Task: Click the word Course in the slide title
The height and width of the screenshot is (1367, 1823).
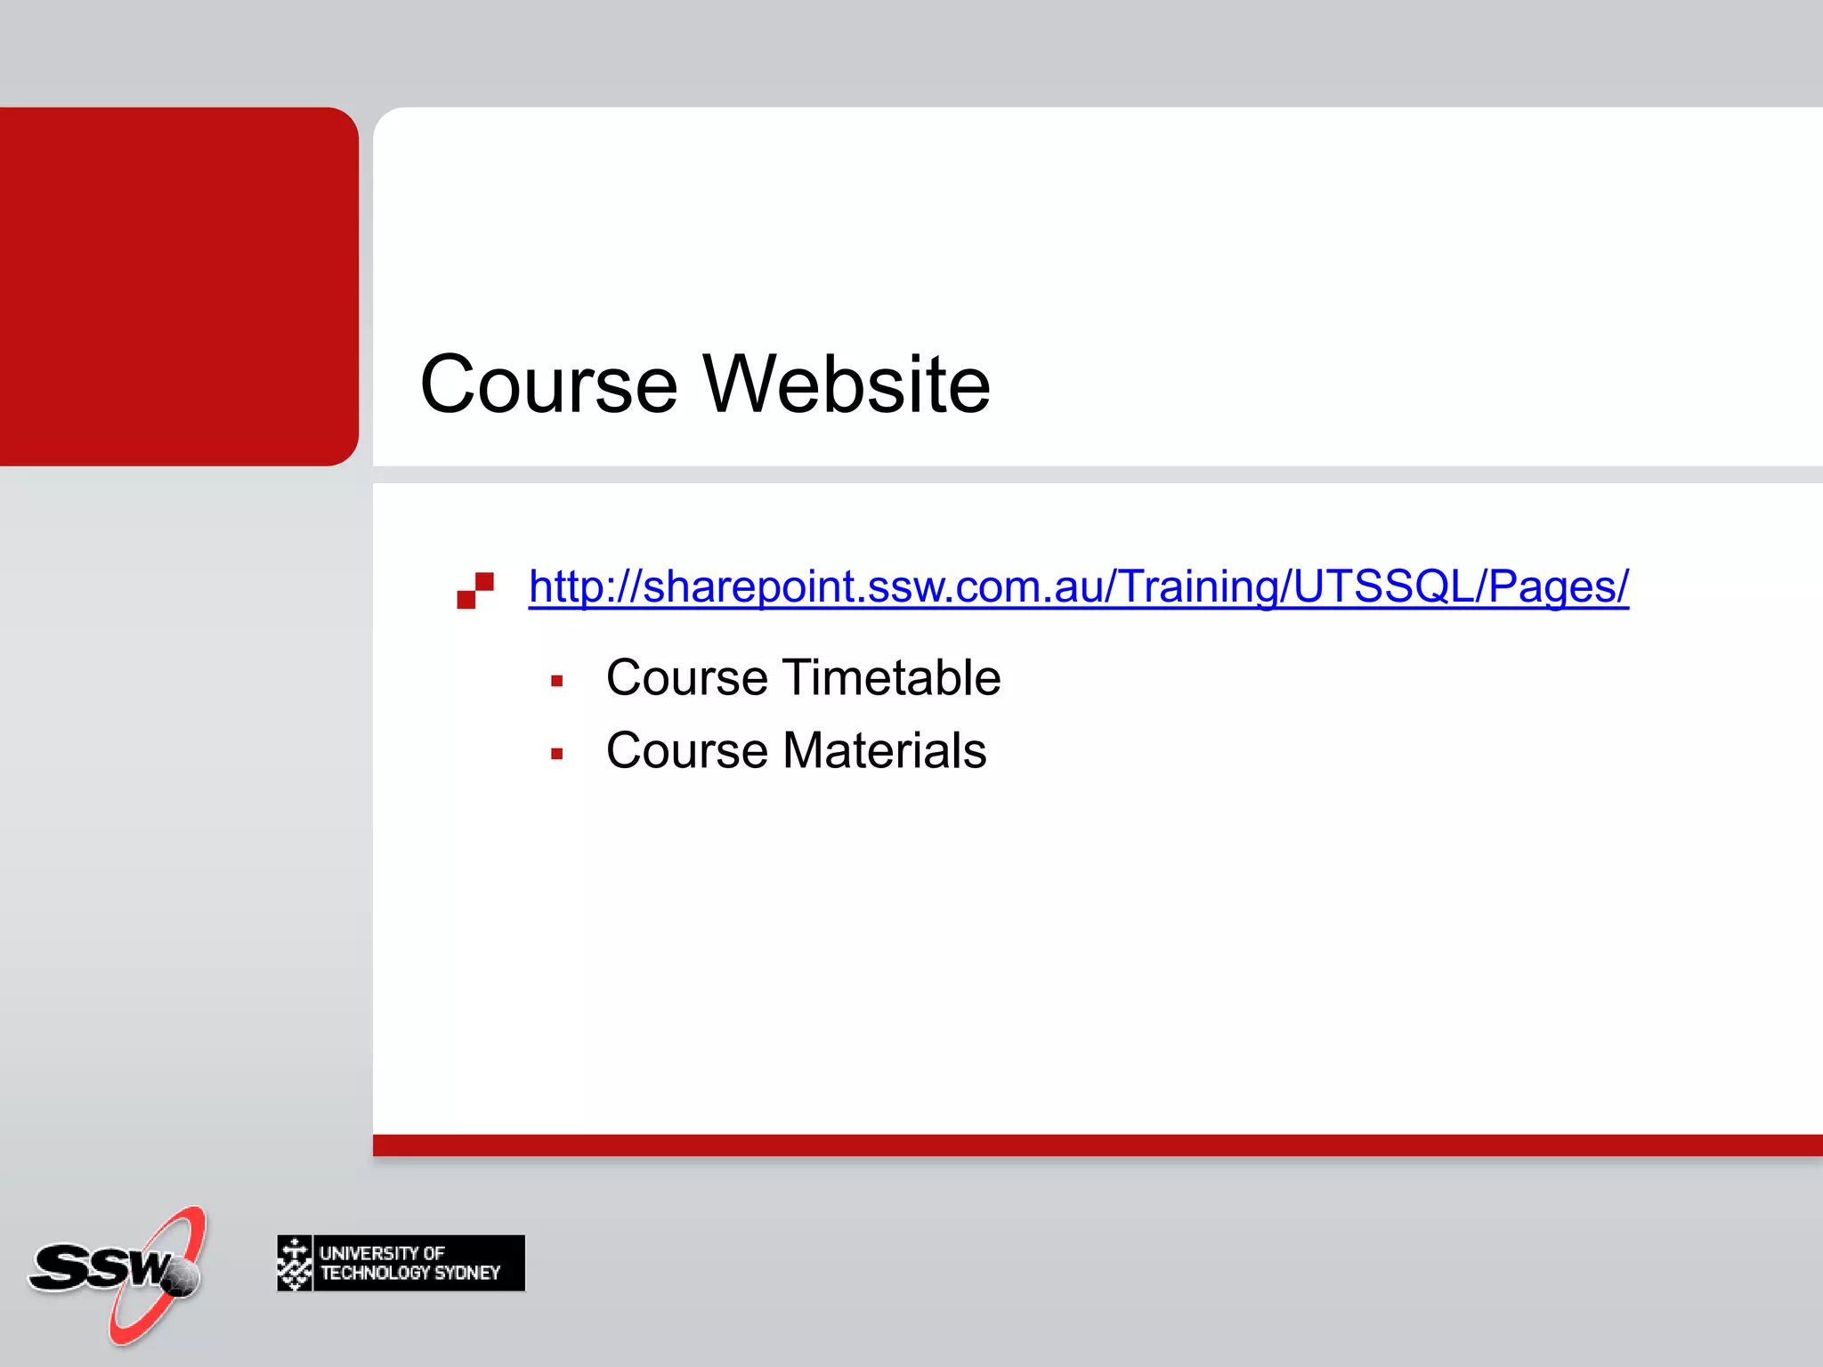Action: [x=548, y=384]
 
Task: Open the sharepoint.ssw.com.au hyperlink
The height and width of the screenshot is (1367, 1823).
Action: [x=1078, y=586]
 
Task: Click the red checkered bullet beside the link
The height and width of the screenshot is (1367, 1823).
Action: [x=475, y=590]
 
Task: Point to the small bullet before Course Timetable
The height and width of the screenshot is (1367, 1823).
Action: [x=557, y=682]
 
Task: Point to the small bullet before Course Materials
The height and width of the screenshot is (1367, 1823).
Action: [x=557, y=755]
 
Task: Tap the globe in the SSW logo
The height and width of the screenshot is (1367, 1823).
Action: [x=182, y=1277]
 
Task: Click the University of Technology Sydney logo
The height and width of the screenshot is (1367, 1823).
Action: [x=401, y=1263]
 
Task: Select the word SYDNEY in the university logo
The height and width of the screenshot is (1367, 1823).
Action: [x=466, y=1274]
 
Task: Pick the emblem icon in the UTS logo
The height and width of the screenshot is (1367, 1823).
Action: [x=295, y=1263]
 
